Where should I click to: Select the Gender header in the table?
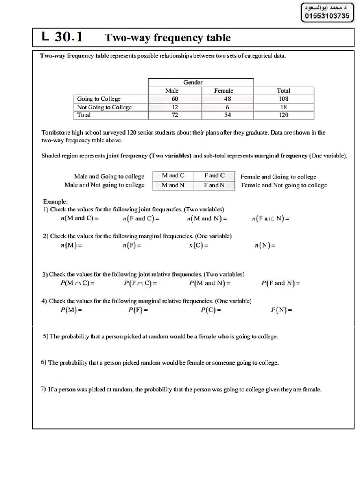tap(193, 82)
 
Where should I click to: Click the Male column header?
tap(172, 91)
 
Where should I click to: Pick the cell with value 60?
tap(175, 99)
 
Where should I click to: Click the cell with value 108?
tap(283, 99)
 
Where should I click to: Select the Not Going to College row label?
tap(105, 107)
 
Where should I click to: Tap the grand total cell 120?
tap(283, 115)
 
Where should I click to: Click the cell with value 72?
tap(175, 115)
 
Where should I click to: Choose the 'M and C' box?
tap(173, 176)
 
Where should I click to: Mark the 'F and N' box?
tap(214, 185)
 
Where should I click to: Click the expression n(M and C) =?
tap(80, 218)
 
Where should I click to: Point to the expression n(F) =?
tap(132, 245)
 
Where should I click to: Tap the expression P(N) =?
tap(282, 310)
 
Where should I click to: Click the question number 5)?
tap(45, 336)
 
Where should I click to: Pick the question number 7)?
tap(43, 389)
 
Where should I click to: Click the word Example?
tap(55, 201)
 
